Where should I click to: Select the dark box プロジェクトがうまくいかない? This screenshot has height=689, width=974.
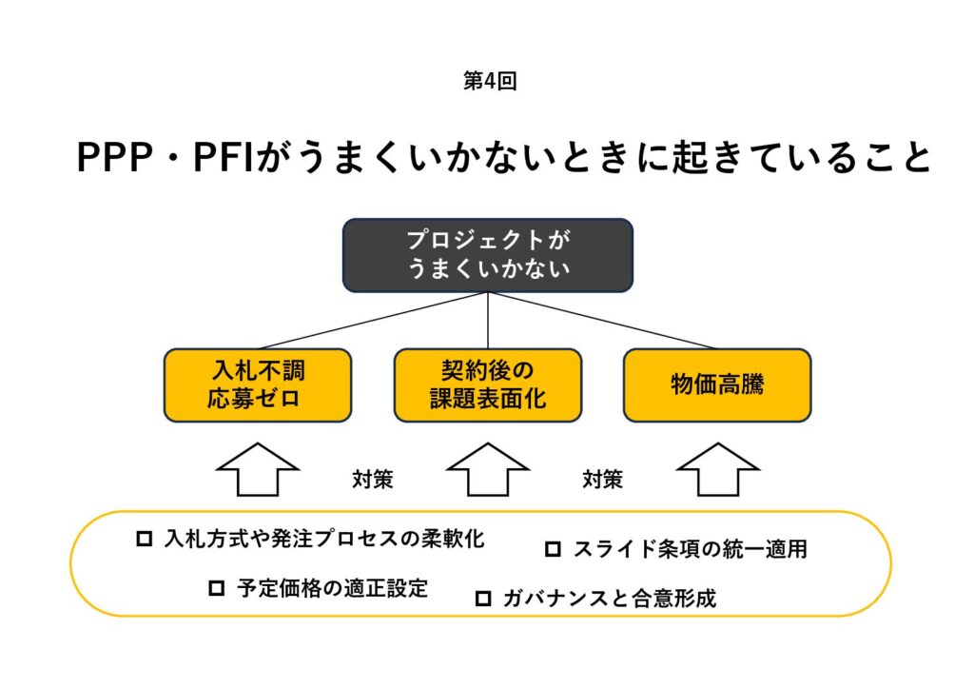point(488,254)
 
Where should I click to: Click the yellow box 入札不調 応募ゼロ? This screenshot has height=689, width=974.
point(257,384)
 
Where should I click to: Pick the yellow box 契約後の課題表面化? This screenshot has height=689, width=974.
point(488,384)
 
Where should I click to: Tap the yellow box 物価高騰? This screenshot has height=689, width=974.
point(716,384)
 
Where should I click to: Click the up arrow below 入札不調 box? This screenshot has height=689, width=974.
point(257,470)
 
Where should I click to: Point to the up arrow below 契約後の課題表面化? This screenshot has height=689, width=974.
point(488,470)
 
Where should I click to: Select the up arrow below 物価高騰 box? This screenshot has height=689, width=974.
point(717,470)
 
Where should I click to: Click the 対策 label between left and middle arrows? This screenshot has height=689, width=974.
point(373,480)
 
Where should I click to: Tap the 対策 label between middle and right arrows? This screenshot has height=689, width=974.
point(602,480)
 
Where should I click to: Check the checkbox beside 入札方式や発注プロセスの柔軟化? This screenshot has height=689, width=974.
point(145,539)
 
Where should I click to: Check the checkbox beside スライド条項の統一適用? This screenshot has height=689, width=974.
point(553,549)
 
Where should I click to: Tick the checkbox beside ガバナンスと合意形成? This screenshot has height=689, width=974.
point(483,599)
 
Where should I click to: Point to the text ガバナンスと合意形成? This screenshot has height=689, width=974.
point(609,599)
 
